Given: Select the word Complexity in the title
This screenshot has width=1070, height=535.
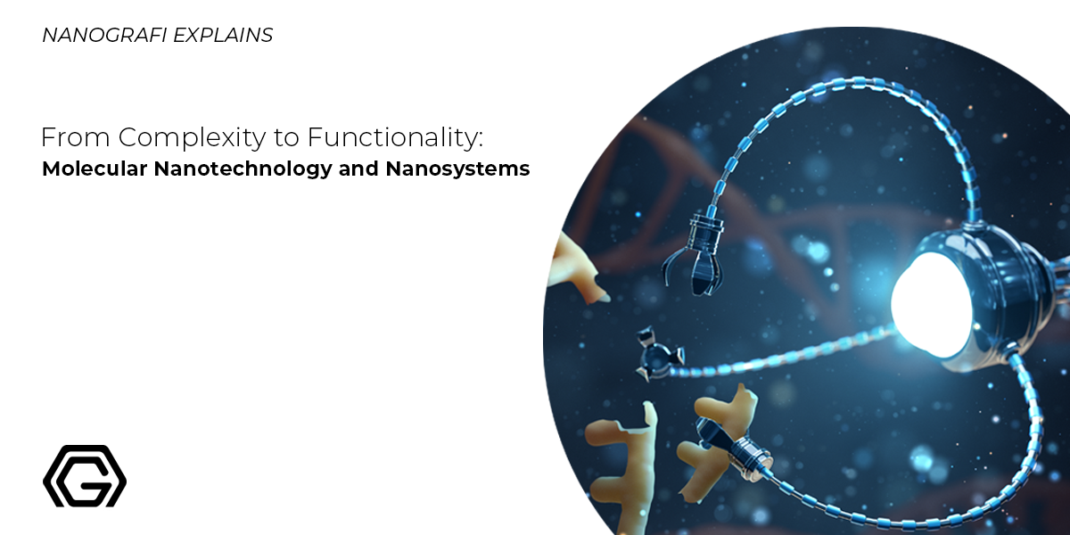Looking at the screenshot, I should pos(168,138).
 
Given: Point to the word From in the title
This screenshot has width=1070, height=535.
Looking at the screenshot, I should pos(66,138).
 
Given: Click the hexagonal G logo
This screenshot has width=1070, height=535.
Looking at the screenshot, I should pos(85,476).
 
